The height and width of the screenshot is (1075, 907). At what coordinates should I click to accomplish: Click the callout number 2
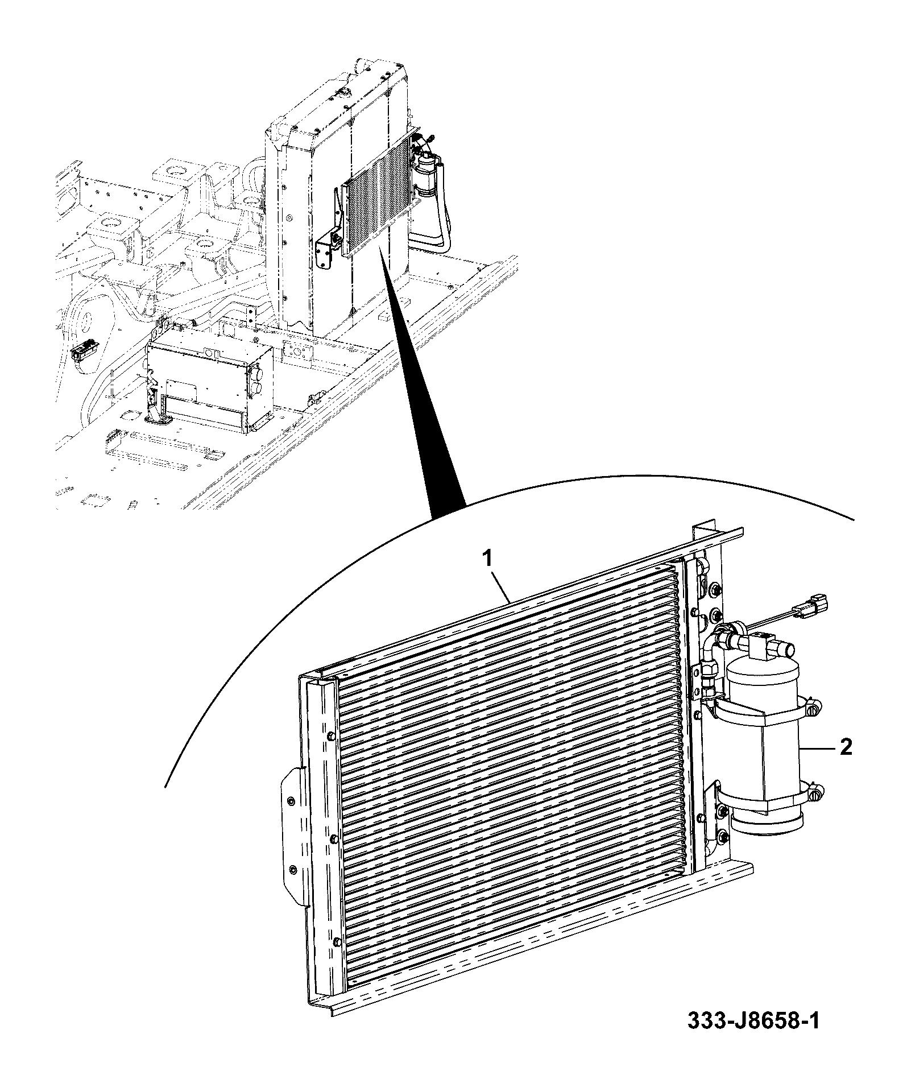pyautogui.click(x=846, y=747)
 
